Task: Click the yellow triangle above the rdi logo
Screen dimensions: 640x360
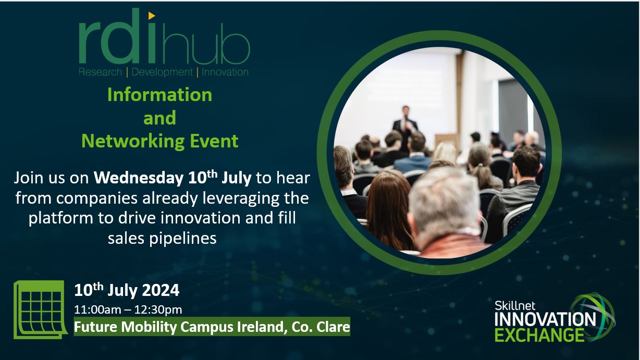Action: (x=152, y=16)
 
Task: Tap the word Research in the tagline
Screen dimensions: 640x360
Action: (x=100, y=72)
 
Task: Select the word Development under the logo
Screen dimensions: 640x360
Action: (x=162, y=72)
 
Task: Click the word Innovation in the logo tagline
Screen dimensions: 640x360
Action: (x=225, y=72)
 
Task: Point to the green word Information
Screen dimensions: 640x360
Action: (x=159, y=95)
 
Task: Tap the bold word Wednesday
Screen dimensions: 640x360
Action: (x=139, y=178)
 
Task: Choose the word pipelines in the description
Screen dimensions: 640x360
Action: (x=183, y=238)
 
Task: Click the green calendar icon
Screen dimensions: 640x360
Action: (x=40, y=309)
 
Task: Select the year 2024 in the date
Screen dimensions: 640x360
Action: (x=161, y=290)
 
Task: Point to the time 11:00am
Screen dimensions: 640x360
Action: (x=93, y=309)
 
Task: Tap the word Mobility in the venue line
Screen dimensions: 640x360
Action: (x=149, y=327)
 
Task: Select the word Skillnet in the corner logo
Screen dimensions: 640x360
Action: (x=515, y=306)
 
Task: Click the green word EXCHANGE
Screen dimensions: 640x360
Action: (x=539, y=335)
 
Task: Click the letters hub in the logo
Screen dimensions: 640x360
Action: (x=205, y=47)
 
